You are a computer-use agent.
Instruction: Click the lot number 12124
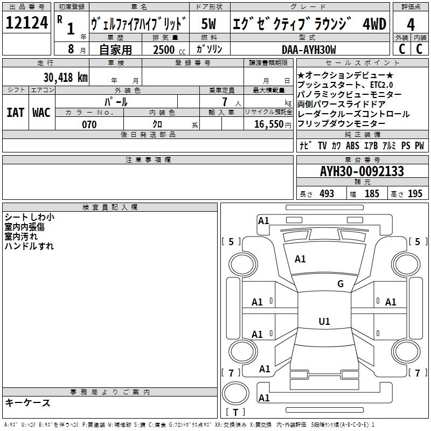pos(27,24)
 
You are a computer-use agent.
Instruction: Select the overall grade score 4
pos(411,25)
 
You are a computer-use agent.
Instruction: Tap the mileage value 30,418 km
pos(66,77)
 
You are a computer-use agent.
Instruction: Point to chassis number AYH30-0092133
pos(362,171)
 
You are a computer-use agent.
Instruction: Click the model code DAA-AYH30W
pos(309,50)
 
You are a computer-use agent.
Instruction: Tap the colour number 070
pos(89,124)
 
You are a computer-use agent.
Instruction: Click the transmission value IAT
pos(15,113)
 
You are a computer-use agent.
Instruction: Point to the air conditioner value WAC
pos(41,113)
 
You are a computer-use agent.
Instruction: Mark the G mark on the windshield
pos(340,284)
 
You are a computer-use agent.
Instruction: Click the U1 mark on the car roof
pos(324,322)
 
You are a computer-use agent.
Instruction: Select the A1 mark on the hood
pos(300,259)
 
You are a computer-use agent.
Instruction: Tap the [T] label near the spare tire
pos(235,413)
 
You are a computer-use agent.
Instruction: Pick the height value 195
pos(415,194)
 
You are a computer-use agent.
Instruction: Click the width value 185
pos(372,194)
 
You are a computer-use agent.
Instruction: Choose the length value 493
pos(326,194)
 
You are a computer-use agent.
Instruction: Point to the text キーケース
pos(28,402)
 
